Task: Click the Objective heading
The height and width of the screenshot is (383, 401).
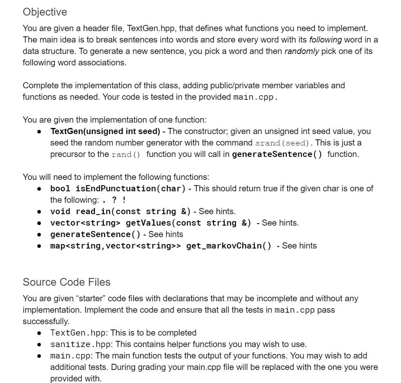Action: click(45, 12)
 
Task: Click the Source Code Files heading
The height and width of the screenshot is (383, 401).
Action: click(67, 282)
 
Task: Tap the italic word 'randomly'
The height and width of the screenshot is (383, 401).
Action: click(302, 52)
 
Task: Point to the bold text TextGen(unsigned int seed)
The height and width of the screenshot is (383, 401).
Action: click(105, 132)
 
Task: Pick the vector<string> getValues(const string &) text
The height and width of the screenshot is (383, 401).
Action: click(150, 223)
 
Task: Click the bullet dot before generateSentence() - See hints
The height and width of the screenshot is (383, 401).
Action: click(39, 235)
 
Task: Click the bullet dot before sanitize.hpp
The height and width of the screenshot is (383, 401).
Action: click(39, 344)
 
